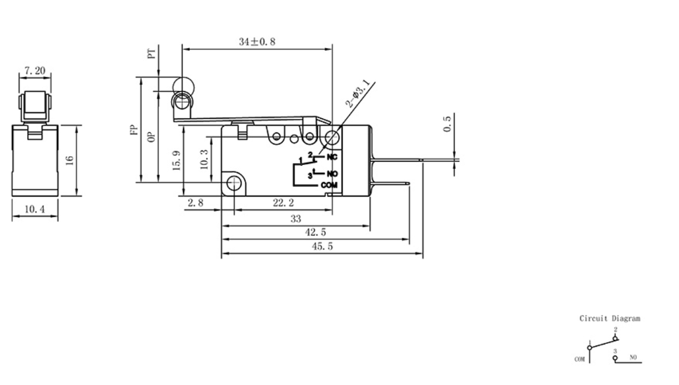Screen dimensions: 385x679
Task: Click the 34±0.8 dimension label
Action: click(258, 42)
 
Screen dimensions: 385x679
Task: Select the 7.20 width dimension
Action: click(34, 71)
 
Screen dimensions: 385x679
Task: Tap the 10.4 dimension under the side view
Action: click(34, 209)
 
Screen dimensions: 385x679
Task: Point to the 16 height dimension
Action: click(69, 160)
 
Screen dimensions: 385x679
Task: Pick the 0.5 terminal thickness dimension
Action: click(447, 123)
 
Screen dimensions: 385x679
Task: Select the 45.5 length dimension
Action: click(322, 247)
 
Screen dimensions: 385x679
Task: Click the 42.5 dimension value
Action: click(315, 233)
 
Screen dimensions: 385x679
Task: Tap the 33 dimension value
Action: click(295, 219)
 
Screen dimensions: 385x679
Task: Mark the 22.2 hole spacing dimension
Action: click(283, 203)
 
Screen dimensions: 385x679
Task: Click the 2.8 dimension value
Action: click(195, 203)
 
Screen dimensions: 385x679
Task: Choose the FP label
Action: click(133, 130)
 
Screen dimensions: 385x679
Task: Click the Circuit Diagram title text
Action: click(610, 319)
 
